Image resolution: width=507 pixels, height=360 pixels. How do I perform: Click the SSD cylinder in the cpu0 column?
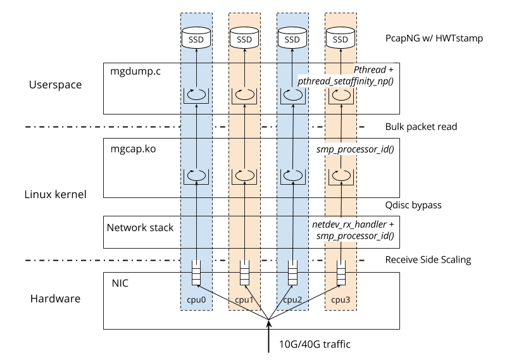(x=196, y=39)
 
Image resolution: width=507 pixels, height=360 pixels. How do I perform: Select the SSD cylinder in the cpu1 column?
(x=244, y=39)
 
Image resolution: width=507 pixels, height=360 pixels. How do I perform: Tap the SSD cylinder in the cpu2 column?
(x=292, y=39)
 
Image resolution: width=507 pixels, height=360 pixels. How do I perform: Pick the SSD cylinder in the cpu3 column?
(x=341, y=39)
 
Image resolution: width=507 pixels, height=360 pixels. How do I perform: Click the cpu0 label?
(x=196, y=299)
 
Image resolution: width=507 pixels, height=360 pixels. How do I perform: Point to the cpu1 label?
(x=244, y=299)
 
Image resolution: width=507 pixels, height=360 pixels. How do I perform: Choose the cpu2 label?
(x=292, y=299)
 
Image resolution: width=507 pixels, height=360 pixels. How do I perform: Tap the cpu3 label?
(x=341, y=299)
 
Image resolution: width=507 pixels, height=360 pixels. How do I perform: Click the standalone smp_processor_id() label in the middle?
(x=355, y=149)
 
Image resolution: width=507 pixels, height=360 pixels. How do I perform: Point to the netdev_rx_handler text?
(x=349, y=225)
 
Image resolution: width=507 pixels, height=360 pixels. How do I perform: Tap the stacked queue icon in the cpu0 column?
(x=196, y=273)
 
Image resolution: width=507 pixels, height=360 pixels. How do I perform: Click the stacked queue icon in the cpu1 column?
(x=244, y=273)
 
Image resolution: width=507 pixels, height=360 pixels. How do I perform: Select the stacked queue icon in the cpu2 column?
(x=292, y=273)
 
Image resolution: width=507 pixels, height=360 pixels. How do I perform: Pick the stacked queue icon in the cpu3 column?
(x=341, y=273)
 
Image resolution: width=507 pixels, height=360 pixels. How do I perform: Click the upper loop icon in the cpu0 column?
(x=196, y=96)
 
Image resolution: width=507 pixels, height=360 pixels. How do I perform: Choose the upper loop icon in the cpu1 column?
(x=244, y=96)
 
